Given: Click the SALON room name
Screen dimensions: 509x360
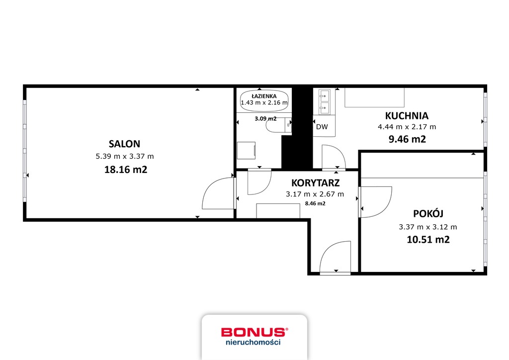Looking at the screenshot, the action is tap(124, 144).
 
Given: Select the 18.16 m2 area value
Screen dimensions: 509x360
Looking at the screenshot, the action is tap(126, 170).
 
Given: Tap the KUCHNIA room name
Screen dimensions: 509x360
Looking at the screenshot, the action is tap(407, 116).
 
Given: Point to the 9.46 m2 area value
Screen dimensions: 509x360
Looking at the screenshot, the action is tap(407, 139).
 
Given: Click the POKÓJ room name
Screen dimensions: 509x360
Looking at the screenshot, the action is tap(428, 213).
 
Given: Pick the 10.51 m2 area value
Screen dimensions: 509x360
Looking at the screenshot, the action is tap(428, 240).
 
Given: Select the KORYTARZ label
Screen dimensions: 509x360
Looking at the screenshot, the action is tap(316, 183).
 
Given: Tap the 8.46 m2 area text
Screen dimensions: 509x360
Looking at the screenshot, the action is tap(315, 203).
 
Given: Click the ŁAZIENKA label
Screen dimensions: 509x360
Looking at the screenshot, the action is tap(264, 96).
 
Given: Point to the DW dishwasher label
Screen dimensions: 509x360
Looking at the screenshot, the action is tap(322, 127).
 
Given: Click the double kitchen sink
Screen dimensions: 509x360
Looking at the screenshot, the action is tap(324, 102).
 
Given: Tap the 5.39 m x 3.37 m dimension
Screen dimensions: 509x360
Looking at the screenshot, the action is tap(125, 156).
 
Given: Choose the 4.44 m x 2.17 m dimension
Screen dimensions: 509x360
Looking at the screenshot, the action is tap(407, 127).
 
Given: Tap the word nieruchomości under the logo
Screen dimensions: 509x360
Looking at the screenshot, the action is tap(253, 342).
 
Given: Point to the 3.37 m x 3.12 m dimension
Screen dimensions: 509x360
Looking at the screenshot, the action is tap(428, 227).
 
